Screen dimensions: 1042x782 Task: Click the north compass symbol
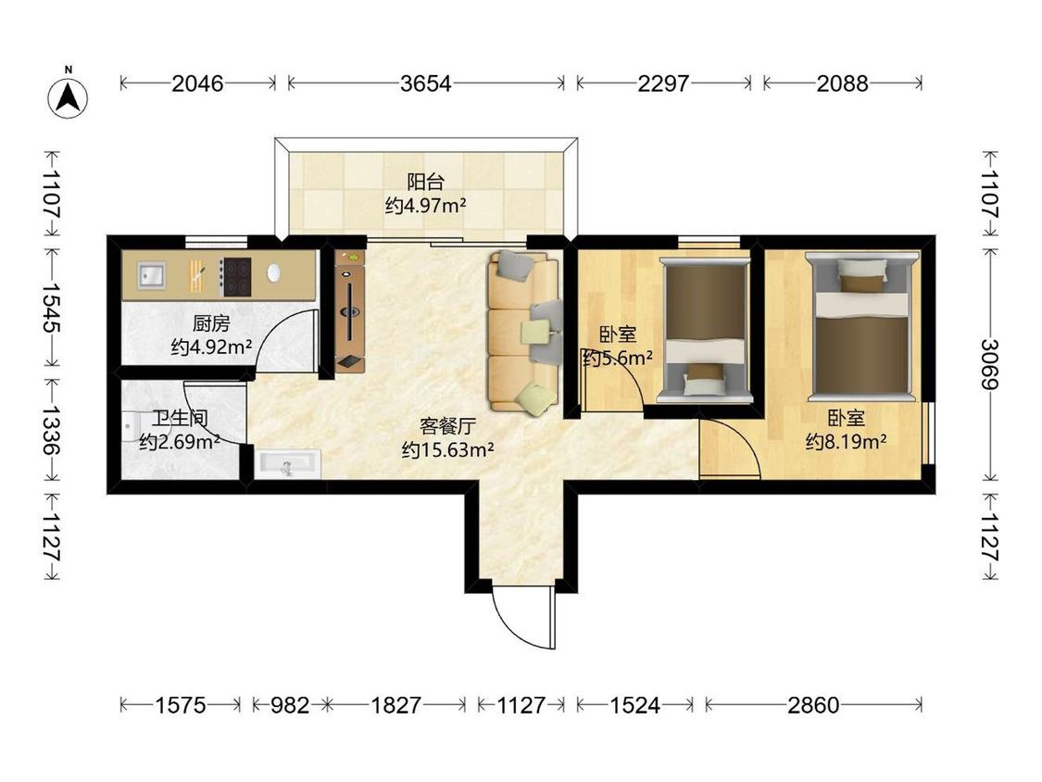pyautogui.click(x=68, y=96)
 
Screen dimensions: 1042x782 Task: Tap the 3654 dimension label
pyautogui.click(x=426, y=83)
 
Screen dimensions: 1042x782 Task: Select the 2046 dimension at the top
pyautogui.click(x=197, y=83)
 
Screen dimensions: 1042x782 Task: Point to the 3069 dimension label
pyautogui.click(x=989, y=364)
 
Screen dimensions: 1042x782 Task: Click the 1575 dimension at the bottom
pyautogui.click(x=180, y=705)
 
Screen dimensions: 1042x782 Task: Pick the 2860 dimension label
pyautogui.click(x=813, y=705)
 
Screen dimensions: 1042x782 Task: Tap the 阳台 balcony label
pyautogui.click(x=425, y=182)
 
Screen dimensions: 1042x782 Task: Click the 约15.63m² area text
pyautogui.click(x=447, y=450)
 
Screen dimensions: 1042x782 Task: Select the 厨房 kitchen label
pyautogui.click(x=211, y=324)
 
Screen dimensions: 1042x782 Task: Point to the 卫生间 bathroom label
pyautogui.click(x=180, y=418)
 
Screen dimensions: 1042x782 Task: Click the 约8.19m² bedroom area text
pyautogui.click(x=846, y=441)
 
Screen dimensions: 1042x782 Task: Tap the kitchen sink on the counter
pyautogui.click(x=152, y=274)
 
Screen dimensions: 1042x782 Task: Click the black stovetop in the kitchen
pyautogui.click(x=236, y=277)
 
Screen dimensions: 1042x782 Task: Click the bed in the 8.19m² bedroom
pyautogui.click(x=862, y=326)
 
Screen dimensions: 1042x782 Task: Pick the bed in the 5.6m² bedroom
pyautogui.click(x=705, y=331)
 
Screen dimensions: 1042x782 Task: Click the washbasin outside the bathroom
pyautogui.click(x=287, y=463)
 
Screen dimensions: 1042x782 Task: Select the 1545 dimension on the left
pyautogui.click(x=52, y=308)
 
